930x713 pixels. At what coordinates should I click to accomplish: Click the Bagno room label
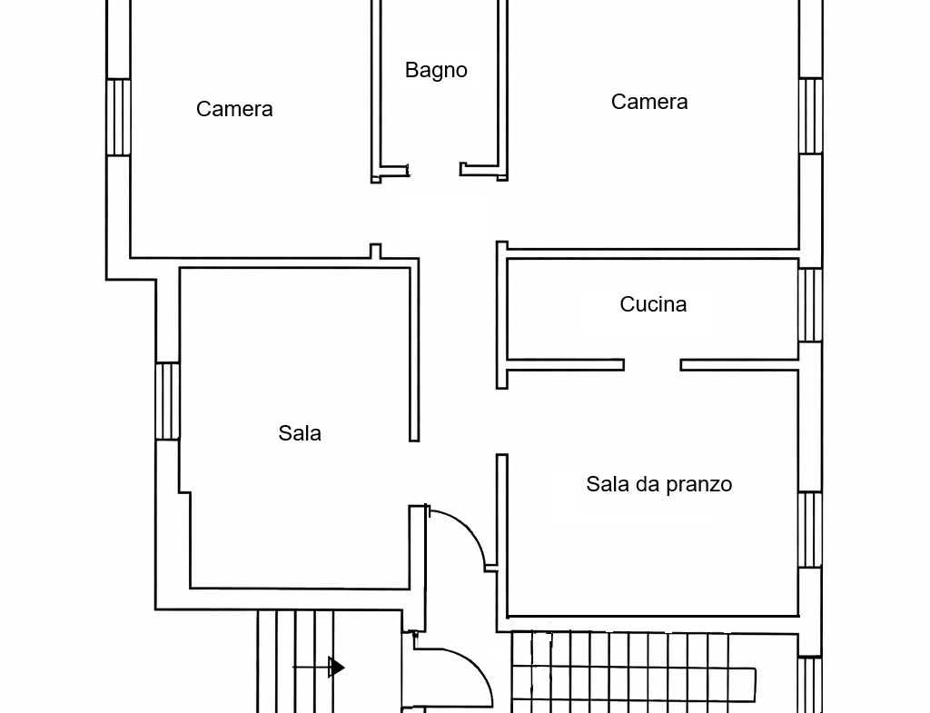(436, 71)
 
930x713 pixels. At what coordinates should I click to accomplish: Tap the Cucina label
(653, 304)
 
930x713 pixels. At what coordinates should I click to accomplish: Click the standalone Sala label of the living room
(300, 433)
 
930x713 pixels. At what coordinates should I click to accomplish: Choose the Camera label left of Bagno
(234, 109)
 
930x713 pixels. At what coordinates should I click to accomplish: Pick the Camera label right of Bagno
(649, 102)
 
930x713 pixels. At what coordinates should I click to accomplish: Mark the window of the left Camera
(119, 117)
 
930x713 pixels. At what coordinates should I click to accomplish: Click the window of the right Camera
(810, 116)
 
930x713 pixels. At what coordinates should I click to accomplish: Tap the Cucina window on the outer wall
(810, 305)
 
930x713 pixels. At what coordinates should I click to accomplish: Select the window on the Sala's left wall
(168, 401)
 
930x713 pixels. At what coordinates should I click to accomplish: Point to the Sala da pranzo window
(810, 530)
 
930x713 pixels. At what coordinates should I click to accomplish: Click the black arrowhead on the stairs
(336, 668)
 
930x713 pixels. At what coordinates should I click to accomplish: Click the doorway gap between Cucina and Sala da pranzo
(652, 365)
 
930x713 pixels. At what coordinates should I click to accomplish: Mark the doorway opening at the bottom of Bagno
(435, 170)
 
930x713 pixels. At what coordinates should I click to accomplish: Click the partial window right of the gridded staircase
(810, 685)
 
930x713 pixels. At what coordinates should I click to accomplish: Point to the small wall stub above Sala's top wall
(375, 251)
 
